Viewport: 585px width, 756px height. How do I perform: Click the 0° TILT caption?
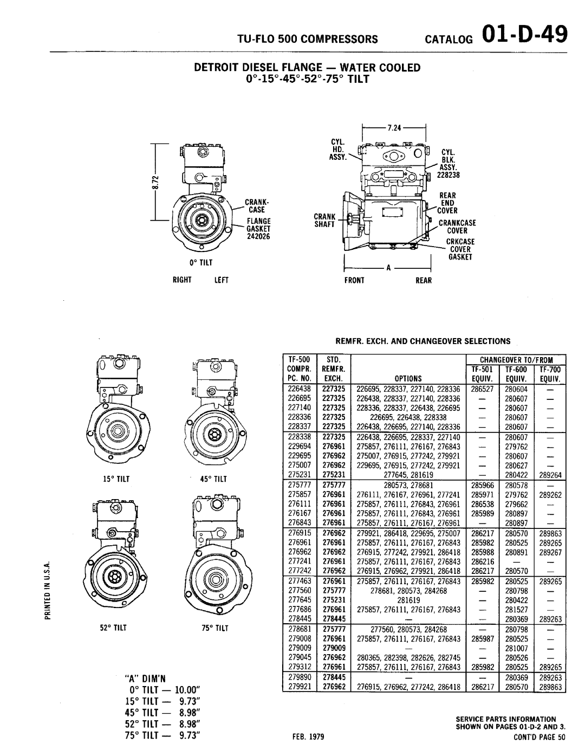pyautogui.click(x=199, y=262)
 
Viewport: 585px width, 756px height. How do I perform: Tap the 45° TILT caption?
pyautogui.click(x=215, y=479)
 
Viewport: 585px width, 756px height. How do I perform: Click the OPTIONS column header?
pyautogui.click(x=408, y=379)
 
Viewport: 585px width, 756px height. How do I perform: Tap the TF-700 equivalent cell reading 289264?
pyautogui.click(x=551, y=474)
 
